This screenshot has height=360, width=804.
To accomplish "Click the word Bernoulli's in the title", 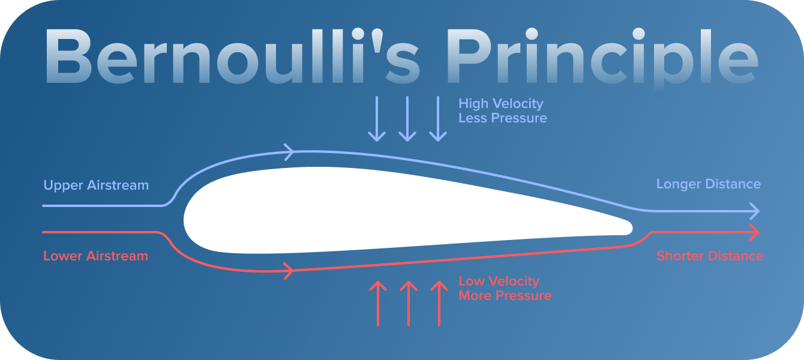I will tap(231, 57).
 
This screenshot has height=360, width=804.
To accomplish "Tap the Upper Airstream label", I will tap(96, 185).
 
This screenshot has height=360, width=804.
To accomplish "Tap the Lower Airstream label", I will tap(95, 256).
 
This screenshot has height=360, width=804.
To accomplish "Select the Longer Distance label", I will tap(708, 184).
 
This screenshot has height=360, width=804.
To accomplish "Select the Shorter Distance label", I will tap(710, 256).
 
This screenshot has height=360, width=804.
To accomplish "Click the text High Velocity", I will tap(500, 104).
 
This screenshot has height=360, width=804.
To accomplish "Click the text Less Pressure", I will tap(502, 118).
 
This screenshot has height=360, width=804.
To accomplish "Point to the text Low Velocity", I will tap(499, 281).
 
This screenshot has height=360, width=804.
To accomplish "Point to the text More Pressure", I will tap(505, 296).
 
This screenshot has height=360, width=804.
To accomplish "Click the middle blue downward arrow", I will tap(407, 119).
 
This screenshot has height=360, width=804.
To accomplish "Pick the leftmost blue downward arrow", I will tap(377, 119).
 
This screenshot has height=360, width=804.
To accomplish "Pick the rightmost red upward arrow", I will tap(439, 304).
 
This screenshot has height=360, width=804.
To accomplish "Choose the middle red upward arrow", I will tap(408, 304).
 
